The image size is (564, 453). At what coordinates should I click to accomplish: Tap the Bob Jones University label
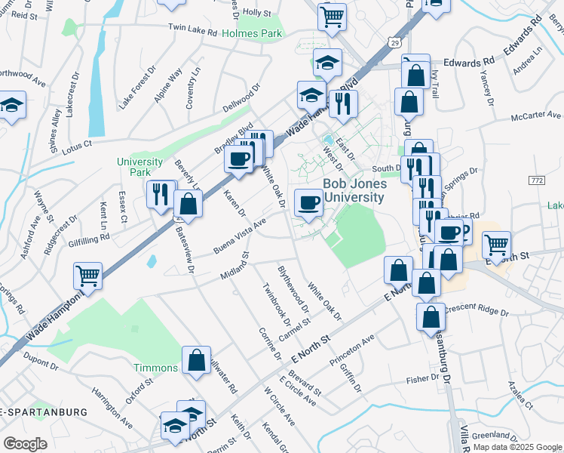354,190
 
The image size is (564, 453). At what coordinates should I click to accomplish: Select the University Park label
139,167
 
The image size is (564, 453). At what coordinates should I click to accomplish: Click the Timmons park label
155,368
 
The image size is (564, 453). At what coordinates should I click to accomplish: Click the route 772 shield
536,180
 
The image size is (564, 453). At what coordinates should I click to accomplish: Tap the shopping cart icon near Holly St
332,17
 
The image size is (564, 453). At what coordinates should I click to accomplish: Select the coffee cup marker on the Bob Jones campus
309,202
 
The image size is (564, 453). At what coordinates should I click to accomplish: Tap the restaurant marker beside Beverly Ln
161,194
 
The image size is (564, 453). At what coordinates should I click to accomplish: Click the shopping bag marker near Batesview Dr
188,204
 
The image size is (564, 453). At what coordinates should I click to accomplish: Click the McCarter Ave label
536,116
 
